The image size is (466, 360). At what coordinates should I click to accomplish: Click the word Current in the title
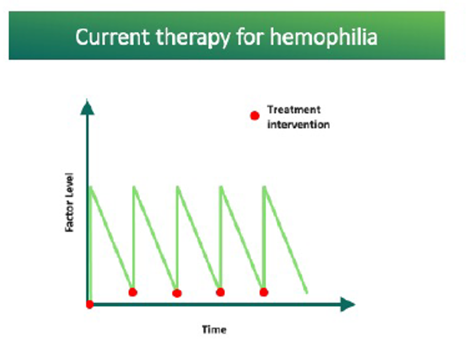click(112, 37)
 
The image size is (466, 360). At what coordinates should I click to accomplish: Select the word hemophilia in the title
click(324, 37)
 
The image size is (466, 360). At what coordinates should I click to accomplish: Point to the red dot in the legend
click(255, 116)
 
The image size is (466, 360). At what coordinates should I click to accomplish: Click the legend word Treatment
click(294, 110)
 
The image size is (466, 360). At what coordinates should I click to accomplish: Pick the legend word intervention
click(298, 125)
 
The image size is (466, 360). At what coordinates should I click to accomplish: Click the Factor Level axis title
click(69, 202)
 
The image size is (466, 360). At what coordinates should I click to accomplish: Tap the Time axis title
click(214, 329)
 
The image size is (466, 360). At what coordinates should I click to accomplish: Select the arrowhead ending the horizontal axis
click(348, 304)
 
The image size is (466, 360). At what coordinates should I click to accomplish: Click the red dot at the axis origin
click(89, 304)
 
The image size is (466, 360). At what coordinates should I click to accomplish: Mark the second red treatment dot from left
click(133, 292)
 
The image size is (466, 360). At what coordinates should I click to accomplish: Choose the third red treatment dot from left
click(177, 294)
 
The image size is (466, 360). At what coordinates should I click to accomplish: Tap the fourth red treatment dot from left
click(220, 292)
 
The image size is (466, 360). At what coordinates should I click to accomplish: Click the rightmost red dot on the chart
click(263, 292)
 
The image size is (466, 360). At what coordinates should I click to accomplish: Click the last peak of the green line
click(264, 187)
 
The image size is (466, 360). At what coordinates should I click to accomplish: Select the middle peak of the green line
click(178, 187)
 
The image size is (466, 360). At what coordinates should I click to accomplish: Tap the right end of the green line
click(307, 293)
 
